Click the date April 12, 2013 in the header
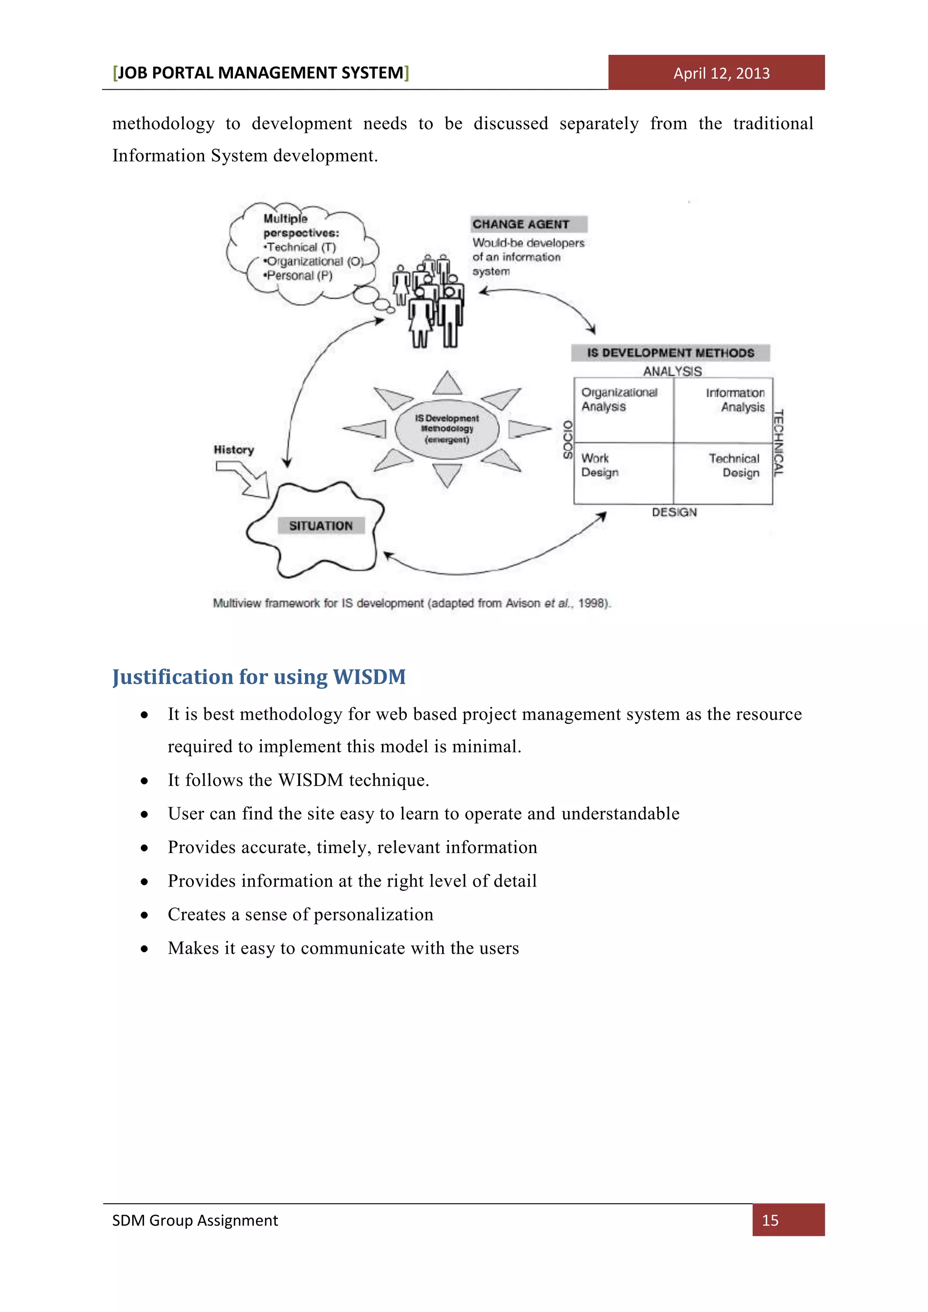pyautogui.click(x=721, y=73)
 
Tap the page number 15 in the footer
pyautogui.click(x=770, y=1220)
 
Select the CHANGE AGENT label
pyautogui.click(x=521, y=224)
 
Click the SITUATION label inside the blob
pyautogui.click(x=320, y=526)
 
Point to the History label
pyautogui.click(x=234, y=450)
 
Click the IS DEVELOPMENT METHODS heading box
pyautogui.click(x=670, y=352)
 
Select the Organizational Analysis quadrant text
pyautogui.click(x=619, y=400)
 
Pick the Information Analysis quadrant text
pyautogui.click(x=735, y=400)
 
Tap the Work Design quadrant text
pyautogui.click(x=599, y=465)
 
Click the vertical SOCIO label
pyautogui.click(x=567, y=439)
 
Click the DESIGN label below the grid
pyautogui.click(x=674, y=512)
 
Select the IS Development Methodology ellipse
pyautogui.click(x=447, y=429)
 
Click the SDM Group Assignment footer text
pyautogui.click(x=195, y=1220)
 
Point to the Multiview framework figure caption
pyautogui.click(x=411, y=603)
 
